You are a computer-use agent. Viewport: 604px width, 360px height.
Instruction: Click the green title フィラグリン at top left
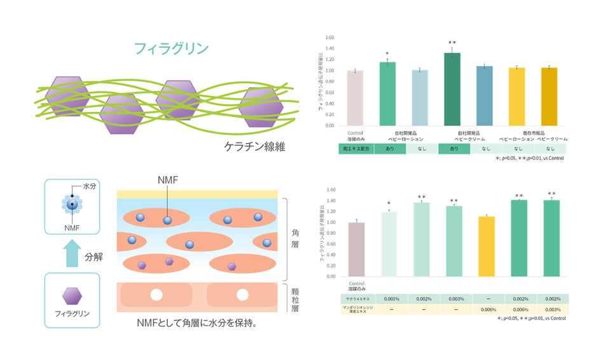click(171, 48)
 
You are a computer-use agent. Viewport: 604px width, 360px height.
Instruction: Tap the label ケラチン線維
click(254, 147)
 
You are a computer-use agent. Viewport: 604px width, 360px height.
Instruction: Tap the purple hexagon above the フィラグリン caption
click(72, 296)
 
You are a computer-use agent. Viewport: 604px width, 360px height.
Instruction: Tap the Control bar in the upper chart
click(355, 98)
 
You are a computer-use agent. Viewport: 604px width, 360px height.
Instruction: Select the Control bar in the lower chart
click(357, 249)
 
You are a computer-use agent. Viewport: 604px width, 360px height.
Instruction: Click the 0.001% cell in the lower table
click(392, 298)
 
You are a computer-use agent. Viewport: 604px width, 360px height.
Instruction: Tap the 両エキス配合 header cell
click(355, 149)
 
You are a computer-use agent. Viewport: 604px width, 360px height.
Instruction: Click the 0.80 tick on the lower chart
click(330, 233)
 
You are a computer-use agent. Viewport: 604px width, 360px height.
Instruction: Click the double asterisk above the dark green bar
click(452, 42)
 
